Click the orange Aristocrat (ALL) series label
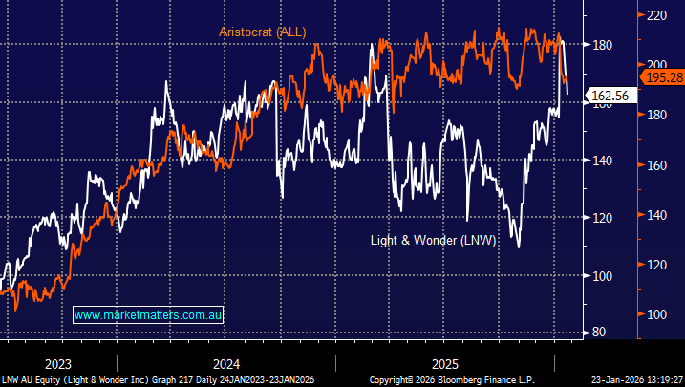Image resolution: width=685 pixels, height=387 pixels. click(262, 32)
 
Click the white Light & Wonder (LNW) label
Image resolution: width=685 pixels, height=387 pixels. click(433, 241)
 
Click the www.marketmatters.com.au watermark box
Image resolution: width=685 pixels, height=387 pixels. click(148, 314)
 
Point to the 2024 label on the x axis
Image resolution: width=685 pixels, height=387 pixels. click(226, 364)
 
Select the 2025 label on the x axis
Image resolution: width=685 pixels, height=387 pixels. click(445, 364)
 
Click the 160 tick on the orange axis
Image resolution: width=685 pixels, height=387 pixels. click(659, 165)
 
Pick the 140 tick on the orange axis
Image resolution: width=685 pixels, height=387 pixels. click(659, 215)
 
